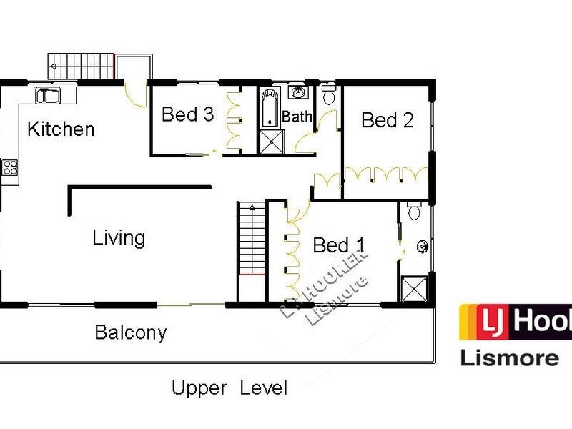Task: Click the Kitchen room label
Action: point(61,129)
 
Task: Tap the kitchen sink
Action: point(48,95)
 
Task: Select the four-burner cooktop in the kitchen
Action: point(10,168)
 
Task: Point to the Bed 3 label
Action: point(187,114)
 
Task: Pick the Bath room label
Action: point(297,117)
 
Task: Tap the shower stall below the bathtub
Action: point(271,142)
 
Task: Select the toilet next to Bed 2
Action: point(329,96)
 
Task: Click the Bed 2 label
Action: point(388,120)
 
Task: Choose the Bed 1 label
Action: point(339,246)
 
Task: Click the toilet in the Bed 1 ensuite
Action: point(414,212)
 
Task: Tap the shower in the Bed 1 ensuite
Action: point(414,288)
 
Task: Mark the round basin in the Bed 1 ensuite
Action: point(422,247)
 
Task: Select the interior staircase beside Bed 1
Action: point(251,240)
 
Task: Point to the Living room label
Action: point(119,237)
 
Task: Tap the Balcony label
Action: point(131,332)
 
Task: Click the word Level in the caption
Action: point(263,388)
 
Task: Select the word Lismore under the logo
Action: point(508,357)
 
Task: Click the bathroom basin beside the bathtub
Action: point(298,93)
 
